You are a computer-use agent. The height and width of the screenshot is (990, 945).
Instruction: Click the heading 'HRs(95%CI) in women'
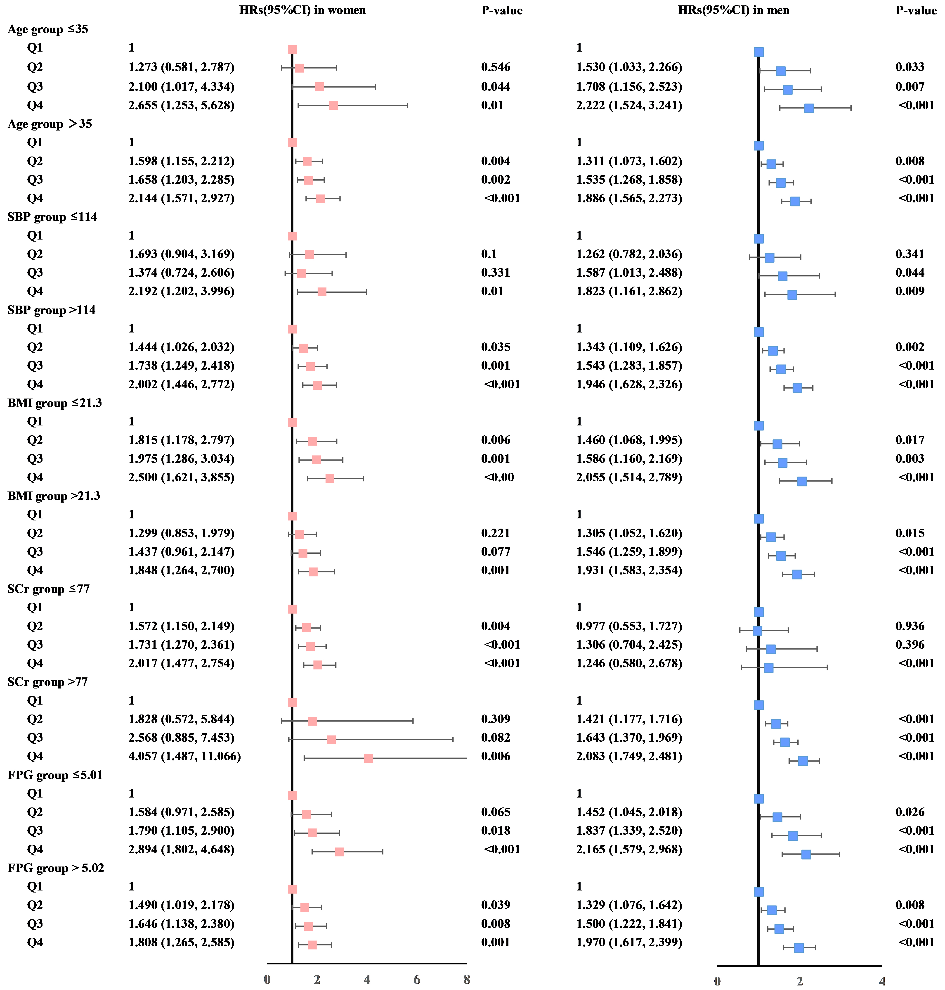[x=302, y=10]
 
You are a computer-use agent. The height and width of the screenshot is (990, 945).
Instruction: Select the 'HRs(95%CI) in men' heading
[x=733, y=10]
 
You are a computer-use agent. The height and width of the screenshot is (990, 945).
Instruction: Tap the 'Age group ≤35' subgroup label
[x=48, y=29]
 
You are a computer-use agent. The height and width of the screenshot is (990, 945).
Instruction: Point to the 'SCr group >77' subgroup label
[x=48, y=682]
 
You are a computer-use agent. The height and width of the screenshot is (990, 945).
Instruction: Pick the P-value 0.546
[x=496, y=67]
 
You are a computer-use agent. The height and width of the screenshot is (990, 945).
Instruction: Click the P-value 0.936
[x=910, y=626]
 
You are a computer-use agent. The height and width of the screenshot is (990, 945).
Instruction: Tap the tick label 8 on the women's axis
[x=466, y=979]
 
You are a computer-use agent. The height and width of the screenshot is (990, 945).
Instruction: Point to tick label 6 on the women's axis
[x=417, y=979]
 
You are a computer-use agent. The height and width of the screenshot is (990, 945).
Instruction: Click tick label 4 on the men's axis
[x=881, y=981]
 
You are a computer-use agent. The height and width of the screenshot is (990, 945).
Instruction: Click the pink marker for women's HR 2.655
[x=333, y=105]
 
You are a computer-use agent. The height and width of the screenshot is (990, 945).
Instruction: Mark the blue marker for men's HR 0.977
[x=757, y=631]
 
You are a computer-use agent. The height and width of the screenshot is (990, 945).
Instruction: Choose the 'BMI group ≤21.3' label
[x=54, y=403]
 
